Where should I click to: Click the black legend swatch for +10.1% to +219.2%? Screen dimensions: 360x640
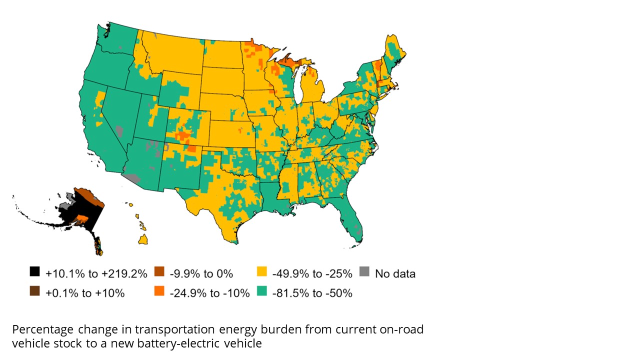[34, 273]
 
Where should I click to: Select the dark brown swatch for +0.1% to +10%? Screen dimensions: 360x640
[34, 293]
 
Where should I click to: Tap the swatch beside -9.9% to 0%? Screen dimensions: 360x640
[159, 273]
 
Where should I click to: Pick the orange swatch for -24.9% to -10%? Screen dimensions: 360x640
[159, 293]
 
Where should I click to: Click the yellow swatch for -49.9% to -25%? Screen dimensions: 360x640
[261, 273]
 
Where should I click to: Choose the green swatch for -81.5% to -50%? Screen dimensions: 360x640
[261, 293]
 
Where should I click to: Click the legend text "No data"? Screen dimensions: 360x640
[395, 273]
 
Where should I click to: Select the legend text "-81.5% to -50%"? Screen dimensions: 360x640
[312, 293]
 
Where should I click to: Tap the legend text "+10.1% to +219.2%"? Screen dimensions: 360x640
[96, 273]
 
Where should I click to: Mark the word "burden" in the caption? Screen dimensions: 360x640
[282, 330]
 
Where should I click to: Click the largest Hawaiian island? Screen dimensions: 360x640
[143, 240]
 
